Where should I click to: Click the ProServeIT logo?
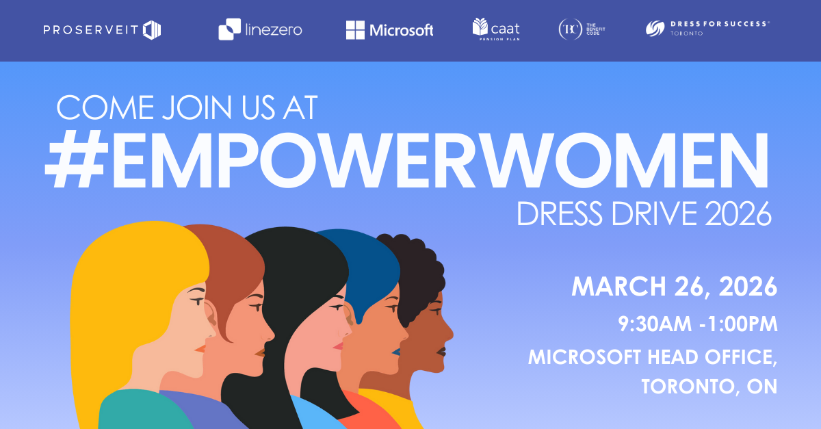(x=102, y=29)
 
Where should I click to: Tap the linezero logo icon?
(x=229, y=29)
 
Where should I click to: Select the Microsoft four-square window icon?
(x=355, y=29)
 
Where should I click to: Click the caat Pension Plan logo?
(x=496, y=29)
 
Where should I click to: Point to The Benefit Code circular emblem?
(x=571, y=29)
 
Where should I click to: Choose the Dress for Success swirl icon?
(x=655, y=29)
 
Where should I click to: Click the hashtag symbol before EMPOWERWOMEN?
(x=77, y=160)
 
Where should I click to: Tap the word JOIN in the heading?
(x=197, y=107)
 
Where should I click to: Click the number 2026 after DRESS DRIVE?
(x=738, y=213)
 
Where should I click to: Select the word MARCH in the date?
(x=618, y=287)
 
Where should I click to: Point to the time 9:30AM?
(x=655, y=324)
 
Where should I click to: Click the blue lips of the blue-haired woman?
(x=396, y=352)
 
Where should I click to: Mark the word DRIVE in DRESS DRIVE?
(x=655, y=213)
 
